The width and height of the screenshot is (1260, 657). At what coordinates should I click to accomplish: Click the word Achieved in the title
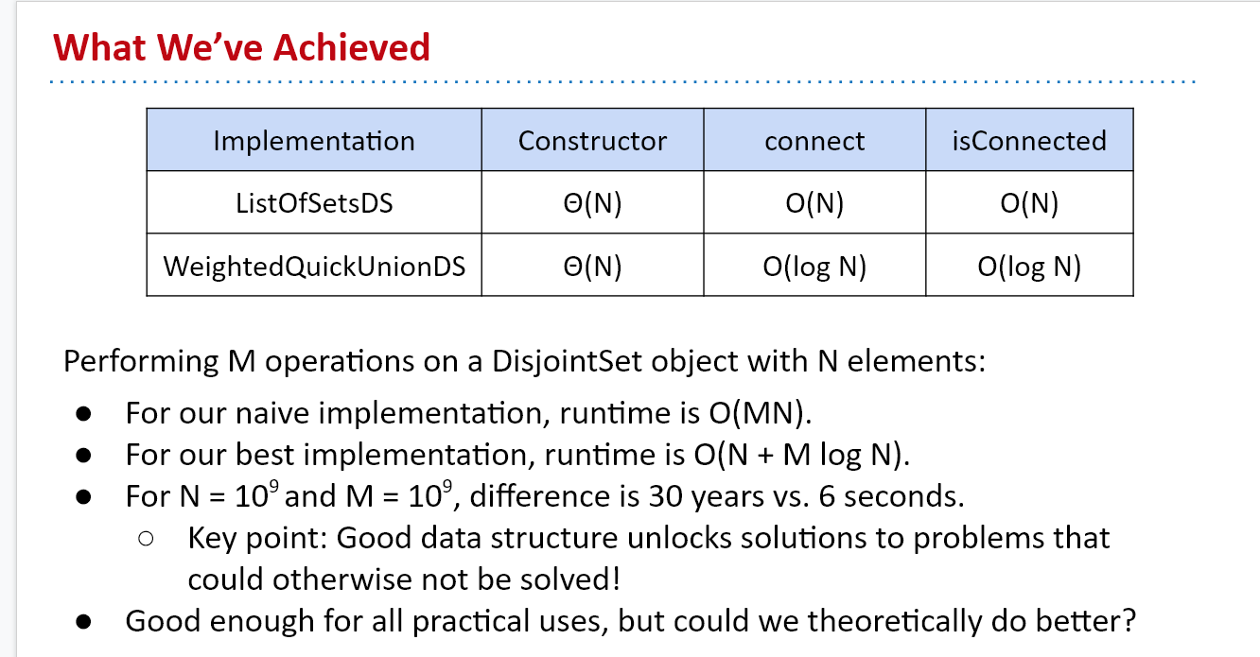click(352, 47)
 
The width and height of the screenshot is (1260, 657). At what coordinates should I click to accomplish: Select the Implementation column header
click(314, 141)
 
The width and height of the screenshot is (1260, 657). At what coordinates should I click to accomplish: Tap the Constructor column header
click(592, 141)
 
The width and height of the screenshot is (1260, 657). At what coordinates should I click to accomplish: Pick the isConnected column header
click(1029, 141)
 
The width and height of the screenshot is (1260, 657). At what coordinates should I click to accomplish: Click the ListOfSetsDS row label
click(314, 203)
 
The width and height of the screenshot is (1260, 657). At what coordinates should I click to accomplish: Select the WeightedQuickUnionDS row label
click(314, 267)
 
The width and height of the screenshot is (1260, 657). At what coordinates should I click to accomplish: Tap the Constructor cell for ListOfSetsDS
click(592, 203)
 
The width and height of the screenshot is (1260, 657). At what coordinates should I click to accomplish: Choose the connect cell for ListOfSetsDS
click(814, 203)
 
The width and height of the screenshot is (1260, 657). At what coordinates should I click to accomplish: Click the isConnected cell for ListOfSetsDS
click(1029, 203)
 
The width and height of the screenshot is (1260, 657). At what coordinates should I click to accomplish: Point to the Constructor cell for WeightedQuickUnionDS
click(592, 267)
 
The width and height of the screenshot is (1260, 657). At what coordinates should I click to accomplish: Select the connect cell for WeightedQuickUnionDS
click(814, 267)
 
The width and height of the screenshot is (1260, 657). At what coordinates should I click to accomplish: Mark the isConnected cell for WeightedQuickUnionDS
click(1029, 267)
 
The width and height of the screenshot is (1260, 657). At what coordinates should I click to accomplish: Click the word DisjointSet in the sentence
click(567, 361)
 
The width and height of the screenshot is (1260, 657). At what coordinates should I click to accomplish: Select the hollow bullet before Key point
click(146, 539)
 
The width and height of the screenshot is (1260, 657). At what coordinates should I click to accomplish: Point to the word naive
click(272, 414)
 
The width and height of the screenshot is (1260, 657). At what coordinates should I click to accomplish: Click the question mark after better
click(1128, 621)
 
